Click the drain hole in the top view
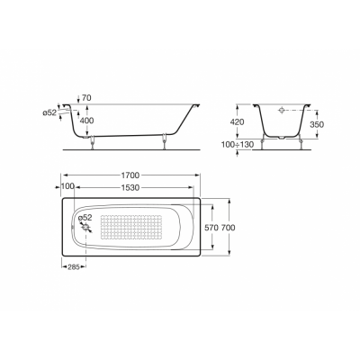pyautogui.click(x=86, y=229)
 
